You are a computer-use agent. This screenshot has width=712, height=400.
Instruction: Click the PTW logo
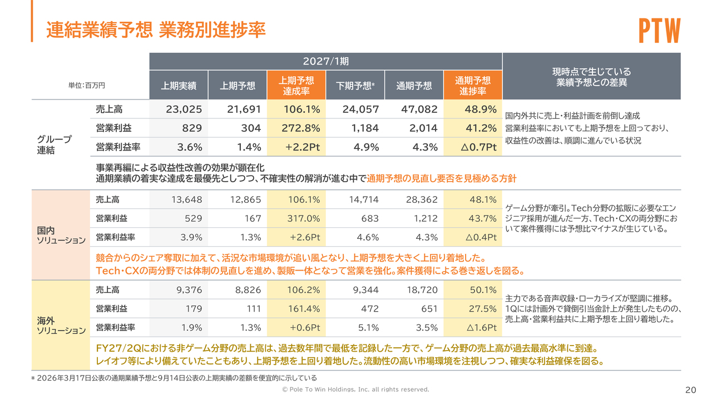pyautogui.click(x=660, y=31)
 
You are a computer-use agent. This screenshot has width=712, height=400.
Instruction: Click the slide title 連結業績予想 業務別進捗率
pyautogui.click(x=156, y=30)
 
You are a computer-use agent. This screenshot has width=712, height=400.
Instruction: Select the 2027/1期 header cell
pyautogui.click(x=326, y=61)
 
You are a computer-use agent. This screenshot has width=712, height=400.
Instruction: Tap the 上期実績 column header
pyautogui.click(x=179, y=86)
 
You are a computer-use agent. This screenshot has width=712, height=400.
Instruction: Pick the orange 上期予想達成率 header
pyautogui.click(x=296, y=86)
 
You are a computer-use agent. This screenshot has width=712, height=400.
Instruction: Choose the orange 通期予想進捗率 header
pyautogui.click(x=473, y=86)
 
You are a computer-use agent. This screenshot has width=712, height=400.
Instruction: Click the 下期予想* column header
pyautogui.click(x=355, y=86)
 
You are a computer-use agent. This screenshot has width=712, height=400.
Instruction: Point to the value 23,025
pyautogui.click(x=184, y=109)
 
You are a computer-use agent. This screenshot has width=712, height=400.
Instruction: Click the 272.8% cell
pyautogui.click(x=301, y=128)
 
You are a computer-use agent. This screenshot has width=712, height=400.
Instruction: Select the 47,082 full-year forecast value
pyautogui.click(x=419, y=109)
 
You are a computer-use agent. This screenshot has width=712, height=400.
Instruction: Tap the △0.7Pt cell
pyautogui.click(x=479, y=147)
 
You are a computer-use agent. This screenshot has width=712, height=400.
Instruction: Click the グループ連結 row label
pyautogui.click(x=55, y=144)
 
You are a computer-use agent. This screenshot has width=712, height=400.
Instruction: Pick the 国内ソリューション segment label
pyautogui.click(x=61, y=235)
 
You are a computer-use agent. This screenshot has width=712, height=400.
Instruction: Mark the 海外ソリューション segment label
pyautogui.click(x=61, y=326)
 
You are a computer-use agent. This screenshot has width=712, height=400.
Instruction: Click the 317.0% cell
pyautogui.click(x=304, y=218)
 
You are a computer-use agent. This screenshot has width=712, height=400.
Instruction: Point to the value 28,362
pyautogui.click(x=422, y=199)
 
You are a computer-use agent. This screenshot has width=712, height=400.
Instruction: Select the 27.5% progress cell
pyautogui.click(x=482, y=308)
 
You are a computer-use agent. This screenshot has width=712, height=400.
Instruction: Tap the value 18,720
pyautogui.click(x=422, y=290)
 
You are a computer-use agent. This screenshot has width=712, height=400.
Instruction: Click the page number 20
pyautogui.click(x=691, y=390)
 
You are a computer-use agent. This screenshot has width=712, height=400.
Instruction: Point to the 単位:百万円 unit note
pyautogui.click(x=86, y=86)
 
